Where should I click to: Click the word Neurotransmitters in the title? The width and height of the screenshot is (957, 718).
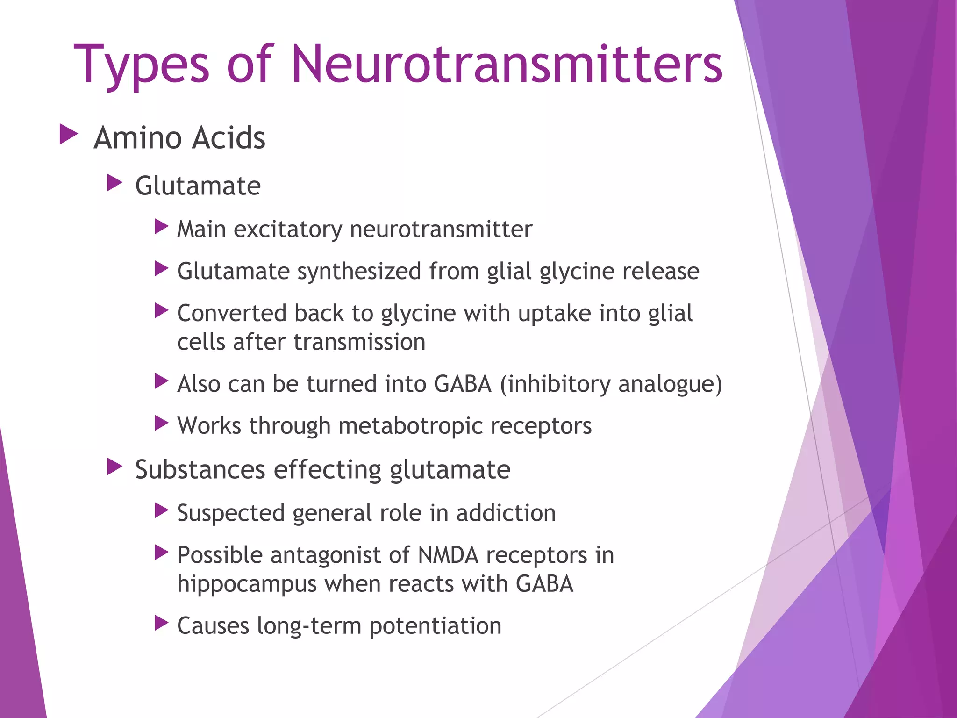coord(507,64)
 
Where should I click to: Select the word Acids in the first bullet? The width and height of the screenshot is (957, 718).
coord(229,138)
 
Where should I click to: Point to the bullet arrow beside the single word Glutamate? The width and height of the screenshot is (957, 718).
coord(114,183)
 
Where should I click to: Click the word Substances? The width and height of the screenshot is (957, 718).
coord(200,469)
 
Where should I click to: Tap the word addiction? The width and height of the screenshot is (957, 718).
coord(506,513)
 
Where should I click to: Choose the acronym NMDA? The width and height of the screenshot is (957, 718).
coord(448,556)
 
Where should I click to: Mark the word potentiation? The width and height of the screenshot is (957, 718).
coord(435,626)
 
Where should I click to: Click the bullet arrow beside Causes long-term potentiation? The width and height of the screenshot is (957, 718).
coord(161,623)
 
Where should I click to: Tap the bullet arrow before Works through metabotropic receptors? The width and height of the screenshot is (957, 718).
coord(161,424)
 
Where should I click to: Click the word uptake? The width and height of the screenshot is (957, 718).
coord(555,314)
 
